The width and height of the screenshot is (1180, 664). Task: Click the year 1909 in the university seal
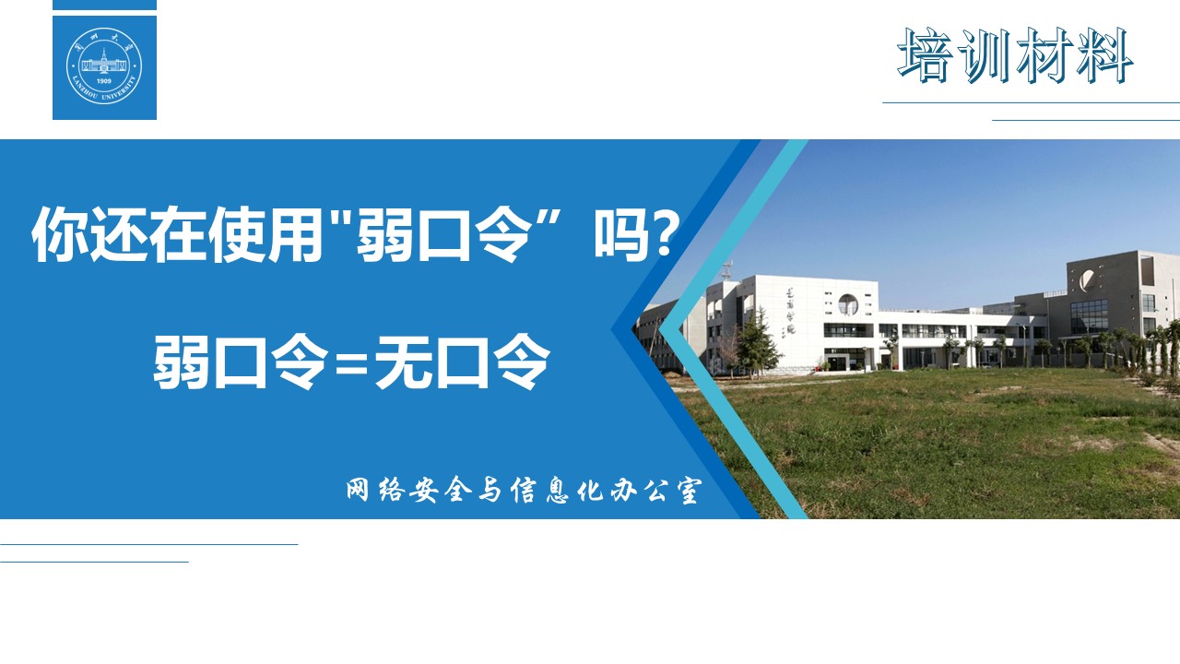coord(104,81)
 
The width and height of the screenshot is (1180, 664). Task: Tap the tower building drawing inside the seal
coord(104,62)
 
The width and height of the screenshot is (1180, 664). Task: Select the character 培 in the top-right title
coord(925,55)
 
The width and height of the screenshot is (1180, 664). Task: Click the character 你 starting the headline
coord(60,233)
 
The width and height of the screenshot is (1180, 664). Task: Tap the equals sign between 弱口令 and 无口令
coord(351,363)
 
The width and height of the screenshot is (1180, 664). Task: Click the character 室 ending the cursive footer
coord(688,491)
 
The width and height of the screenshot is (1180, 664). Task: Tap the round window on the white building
coord(847,304)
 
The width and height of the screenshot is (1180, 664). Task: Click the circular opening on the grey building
coord(1087,279)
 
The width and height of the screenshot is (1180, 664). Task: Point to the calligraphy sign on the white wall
coord(790,311)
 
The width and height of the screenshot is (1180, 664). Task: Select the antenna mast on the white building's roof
coord(728,271)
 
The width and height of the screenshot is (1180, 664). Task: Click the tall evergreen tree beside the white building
coord(757,342)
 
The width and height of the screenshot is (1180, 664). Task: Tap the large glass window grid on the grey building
coord(1089,316)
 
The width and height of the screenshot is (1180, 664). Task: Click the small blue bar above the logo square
coord(104,5)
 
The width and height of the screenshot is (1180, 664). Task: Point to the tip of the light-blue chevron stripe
coord(660,329)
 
